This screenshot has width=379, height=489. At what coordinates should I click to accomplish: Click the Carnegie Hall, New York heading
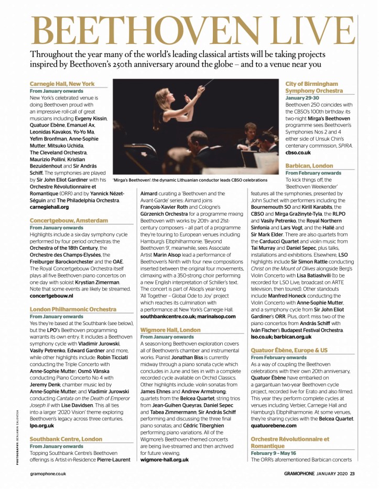pos(62,84)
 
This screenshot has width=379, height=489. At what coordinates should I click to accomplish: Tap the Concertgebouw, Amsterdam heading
pos(69,220)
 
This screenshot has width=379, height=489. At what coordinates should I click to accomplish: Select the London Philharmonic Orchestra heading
pos(73,309)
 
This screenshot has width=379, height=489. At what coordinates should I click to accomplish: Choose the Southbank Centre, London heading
pos(66,439)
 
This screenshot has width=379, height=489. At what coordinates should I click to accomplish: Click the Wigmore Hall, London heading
pos(170,330)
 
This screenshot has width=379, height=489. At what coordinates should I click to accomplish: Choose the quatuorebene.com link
pos(273,425)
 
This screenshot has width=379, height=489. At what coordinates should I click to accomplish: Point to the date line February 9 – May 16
pos(280,452)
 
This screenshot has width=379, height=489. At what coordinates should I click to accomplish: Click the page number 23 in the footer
pos(353,474)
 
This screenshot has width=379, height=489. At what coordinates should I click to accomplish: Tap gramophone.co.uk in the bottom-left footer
pos(48,474)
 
